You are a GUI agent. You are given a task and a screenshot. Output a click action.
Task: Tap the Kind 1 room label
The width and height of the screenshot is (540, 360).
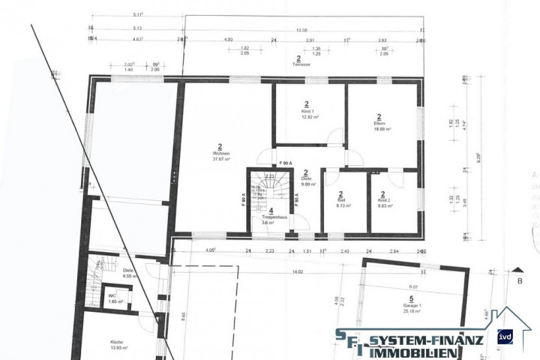(307, 112)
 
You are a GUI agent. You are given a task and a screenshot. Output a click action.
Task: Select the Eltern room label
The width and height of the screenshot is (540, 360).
(380, 123)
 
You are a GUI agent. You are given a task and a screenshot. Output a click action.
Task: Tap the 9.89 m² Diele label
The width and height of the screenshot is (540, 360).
(307, 178)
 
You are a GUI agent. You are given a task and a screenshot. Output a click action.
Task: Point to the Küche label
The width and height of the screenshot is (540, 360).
(116, 342)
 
